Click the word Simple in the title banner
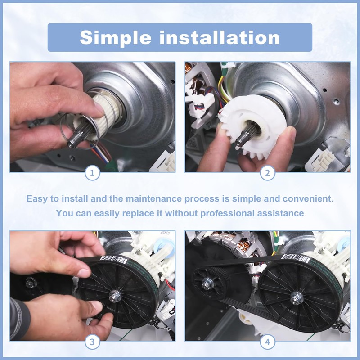[x=115, y=38]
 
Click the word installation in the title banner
[x=219, y=37]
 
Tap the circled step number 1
[x=92, y=173]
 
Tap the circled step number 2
[x=267, y=173]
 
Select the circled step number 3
[x=92, y=342]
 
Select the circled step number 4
[x=267, y=342]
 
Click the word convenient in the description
[x=308, y=198]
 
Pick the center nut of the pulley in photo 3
[x=115, y=296]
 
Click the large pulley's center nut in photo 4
[x=297, y=298]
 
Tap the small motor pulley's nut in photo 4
[x=207, y=284]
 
